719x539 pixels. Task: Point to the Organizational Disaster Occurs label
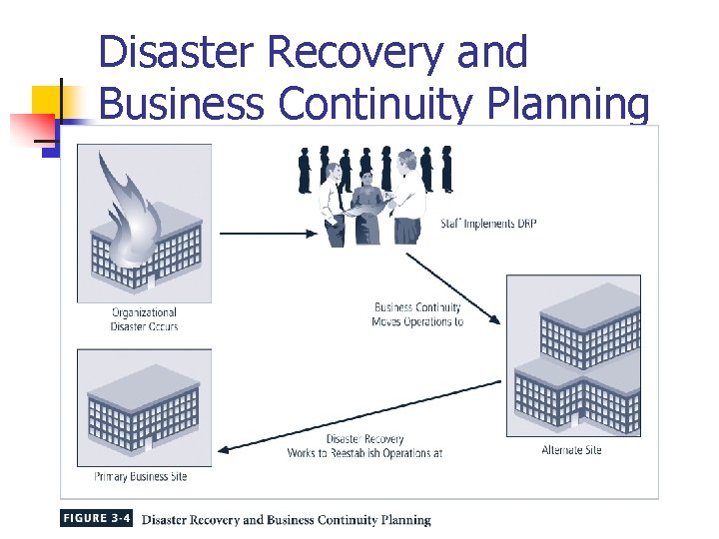click(x=145, y=319)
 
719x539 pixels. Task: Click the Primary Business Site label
click(x=141, y=476)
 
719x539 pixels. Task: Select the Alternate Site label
click(x=571, y=450)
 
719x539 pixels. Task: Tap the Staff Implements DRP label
click(x=488, y=224)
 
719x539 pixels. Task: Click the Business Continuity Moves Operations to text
click(x=417, y=314)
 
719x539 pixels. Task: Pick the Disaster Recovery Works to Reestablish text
click(x=364, y=445)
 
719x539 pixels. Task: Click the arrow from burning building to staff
click(x=266, y=234)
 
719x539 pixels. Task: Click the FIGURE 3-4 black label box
click(x=96, y=519)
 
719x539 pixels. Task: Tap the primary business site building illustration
click(x=145, y=409)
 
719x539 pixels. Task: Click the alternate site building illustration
click(x=574, y=359)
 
